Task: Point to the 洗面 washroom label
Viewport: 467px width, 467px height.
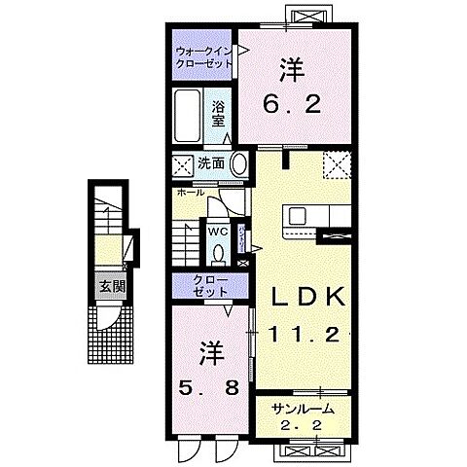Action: (x=211, y=163)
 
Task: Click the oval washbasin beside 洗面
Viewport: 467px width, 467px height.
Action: (x=236, y=163)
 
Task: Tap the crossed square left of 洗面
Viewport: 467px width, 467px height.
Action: (x=182, y=163)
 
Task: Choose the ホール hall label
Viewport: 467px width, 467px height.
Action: (x=191, y=193)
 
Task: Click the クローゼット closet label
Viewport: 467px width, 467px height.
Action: (x=203, y=287)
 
